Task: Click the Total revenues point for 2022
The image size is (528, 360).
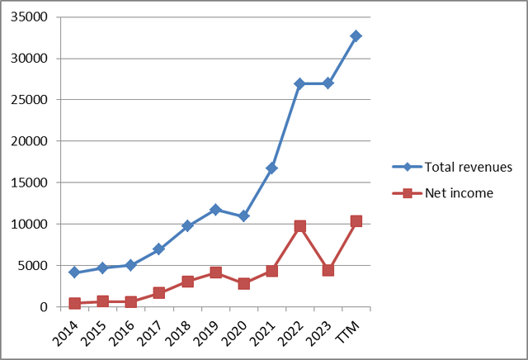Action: (x=299, y=83)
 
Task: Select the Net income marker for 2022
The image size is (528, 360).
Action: (x=299, y=225)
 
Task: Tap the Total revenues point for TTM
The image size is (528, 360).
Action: (x=356, y=36)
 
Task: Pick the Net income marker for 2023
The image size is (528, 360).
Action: (x=328, y=270)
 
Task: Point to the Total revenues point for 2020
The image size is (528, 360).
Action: (x=243, y=216)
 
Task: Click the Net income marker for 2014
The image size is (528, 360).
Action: (x=74, y=303)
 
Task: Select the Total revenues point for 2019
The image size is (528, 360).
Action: (x=215, y=210)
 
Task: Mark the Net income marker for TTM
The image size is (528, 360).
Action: (x=356, y=221)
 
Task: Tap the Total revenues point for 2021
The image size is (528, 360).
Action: (x=271, y=168)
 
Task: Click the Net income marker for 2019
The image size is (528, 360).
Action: (x=215, y=272)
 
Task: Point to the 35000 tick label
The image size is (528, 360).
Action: (x=28, y=17)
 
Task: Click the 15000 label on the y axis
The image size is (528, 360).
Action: (x=28, y=182)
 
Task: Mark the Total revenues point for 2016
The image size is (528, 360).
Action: (x=130, y=265)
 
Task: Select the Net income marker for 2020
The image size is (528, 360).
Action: (x=243, y=283)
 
